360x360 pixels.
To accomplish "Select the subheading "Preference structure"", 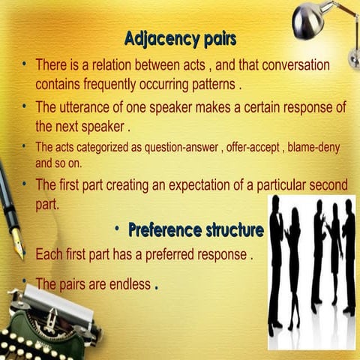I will click(x=196, y=229).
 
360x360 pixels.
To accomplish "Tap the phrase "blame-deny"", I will click(x=314, y=145).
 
